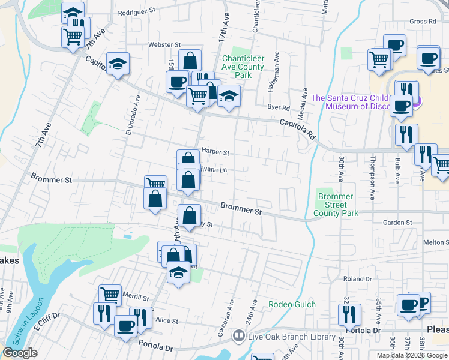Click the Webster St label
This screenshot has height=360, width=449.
[x=165, y=45]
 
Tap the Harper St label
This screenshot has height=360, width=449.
[x=215, y=152]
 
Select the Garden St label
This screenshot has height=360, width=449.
[x=397, y=223]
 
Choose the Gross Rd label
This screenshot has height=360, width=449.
[x=422, y=22]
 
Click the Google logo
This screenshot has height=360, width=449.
[x=20, y=353]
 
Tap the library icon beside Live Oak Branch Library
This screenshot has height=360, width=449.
[x=239, y=337]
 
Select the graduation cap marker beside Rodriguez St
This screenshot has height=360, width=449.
[x=73, y=14]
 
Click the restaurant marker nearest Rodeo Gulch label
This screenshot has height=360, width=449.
[x=349, y=315]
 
